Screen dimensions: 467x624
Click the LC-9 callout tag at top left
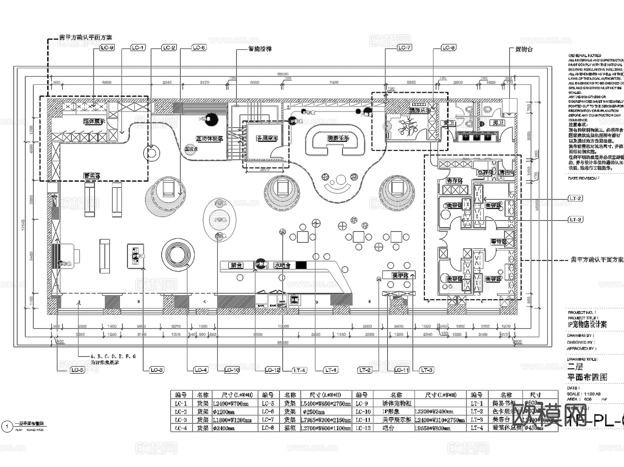pos(107,48)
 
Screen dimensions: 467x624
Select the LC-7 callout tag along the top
pos(404,48)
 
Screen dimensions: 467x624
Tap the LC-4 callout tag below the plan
pos(200,370)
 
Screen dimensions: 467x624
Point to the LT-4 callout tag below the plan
pos(299,370)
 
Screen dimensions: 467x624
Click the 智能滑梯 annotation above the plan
pos(260,49)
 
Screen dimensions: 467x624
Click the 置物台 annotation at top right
pos(524,49)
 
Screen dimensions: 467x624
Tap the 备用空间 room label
pos(267,138)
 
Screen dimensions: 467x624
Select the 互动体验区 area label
pos(209,139)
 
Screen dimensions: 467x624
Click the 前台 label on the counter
pos(236,265)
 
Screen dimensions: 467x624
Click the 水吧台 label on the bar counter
pos(282,265)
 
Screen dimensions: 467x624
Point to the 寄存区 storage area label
pos(454,181)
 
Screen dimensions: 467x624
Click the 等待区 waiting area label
pos(499,242)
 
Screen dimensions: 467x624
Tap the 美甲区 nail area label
pos(400,276)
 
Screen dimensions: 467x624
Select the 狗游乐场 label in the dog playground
pos(338,138)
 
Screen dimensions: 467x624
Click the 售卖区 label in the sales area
pos(92,176)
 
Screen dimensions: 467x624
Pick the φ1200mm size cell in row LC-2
pos(224,412)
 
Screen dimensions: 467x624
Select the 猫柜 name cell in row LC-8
pos(290,428)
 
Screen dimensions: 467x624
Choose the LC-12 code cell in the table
pos(363,428)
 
